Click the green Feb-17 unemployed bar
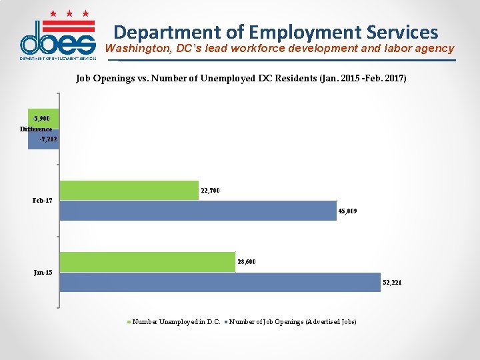[x=129, y=190]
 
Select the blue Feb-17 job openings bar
[x=198, y=210]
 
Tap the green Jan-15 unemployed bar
[x=147, y=261]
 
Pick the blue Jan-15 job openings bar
[x=219, y=282]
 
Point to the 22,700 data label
[x=210, y=191]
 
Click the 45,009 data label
[x=347, y=211]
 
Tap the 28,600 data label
[x=246, y=262]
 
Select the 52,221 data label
[x=391, y=283]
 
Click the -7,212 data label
[x=49, y=139]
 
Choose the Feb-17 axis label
[x=42, y=201]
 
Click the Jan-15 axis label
[x=43, y=272]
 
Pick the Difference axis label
[x=36, y=129]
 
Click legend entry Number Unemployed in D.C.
[x=176, y=322]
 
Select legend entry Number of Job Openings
[x=293, y=322]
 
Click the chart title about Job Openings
[x=241, y=79]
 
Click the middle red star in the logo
[x=69, y=13]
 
